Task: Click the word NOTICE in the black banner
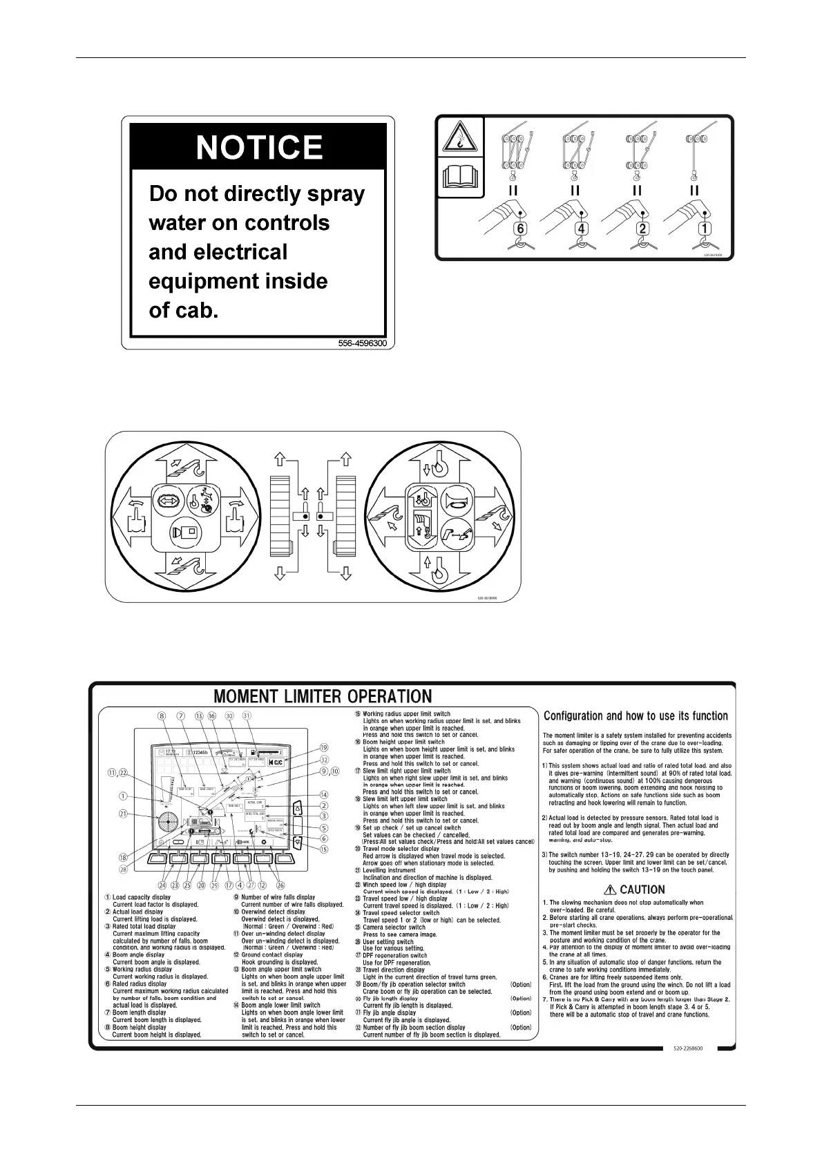[x=259, y=147]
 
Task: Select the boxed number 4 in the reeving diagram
[x=582, y=229]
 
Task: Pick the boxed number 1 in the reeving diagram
[x=706, y=229]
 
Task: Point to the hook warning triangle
[x=459, y=139]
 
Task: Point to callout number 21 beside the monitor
[x=123, y=814]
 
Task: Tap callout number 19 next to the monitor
[x=324, y=748]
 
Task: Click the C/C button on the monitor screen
[x=274, y=762]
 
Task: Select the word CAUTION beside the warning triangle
[x=642, y=890]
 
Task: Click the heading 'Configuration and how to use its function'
[x=635, y=716]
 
